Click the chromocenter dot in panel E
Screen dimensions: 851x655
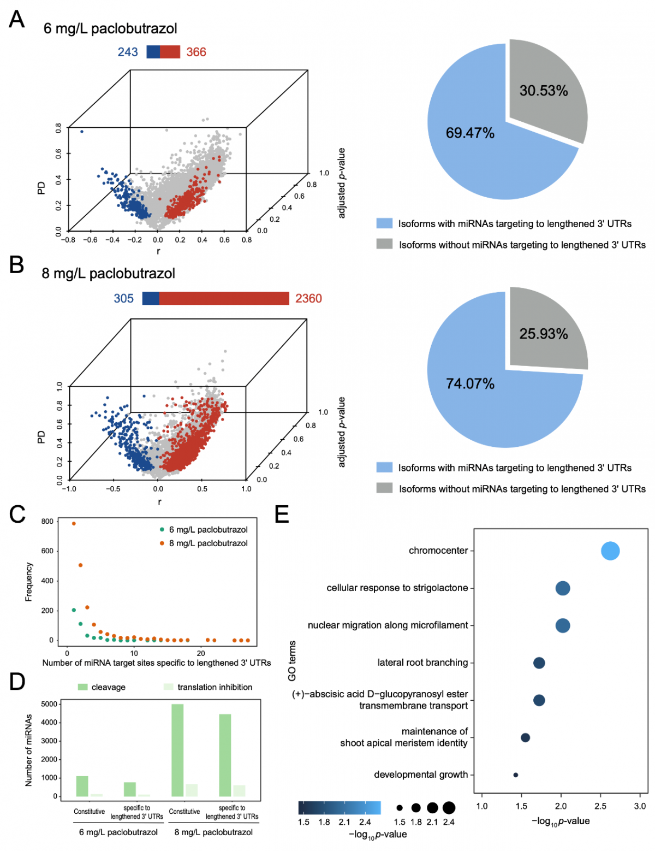[x=610, y=551]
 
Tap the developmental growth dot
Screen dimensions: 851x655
[x=515, y=775]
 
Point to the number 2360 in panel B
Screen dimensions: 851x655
[x=308, y=299]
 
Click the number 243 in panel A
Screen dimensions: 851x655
[x=128, y=52]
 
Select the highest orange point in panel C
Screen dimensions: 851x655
[x=74, y=523]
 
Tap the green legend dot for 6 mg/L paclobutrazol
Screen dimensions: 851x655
[x=162, y=530]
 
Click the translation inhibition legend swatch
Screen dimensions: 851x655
[x=168, y=687]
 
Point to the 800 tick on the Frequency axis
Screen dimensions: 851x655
[x=47, y=522]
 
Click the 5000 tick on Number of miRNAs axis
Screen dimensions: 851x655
[x=50, y=704]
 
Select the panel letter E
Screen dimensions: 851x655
[x=282, y=515]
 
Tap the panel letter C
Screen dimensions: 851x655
[x=17, y=515]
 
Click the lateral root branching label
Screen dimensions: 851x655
[x=422, y=663]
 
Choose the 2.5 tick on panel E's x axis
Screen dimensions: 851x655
[x=600, y=806]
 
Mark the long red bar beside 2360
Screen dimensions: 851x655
[x=224, y=298]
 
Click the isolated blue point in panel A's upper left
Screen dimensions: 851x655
[x=82, y=132]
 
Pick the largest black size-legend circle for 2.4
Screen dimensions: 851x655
[x=449, y=807]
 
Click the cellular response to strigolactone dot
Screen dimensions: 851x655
[x=563, y=588]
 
